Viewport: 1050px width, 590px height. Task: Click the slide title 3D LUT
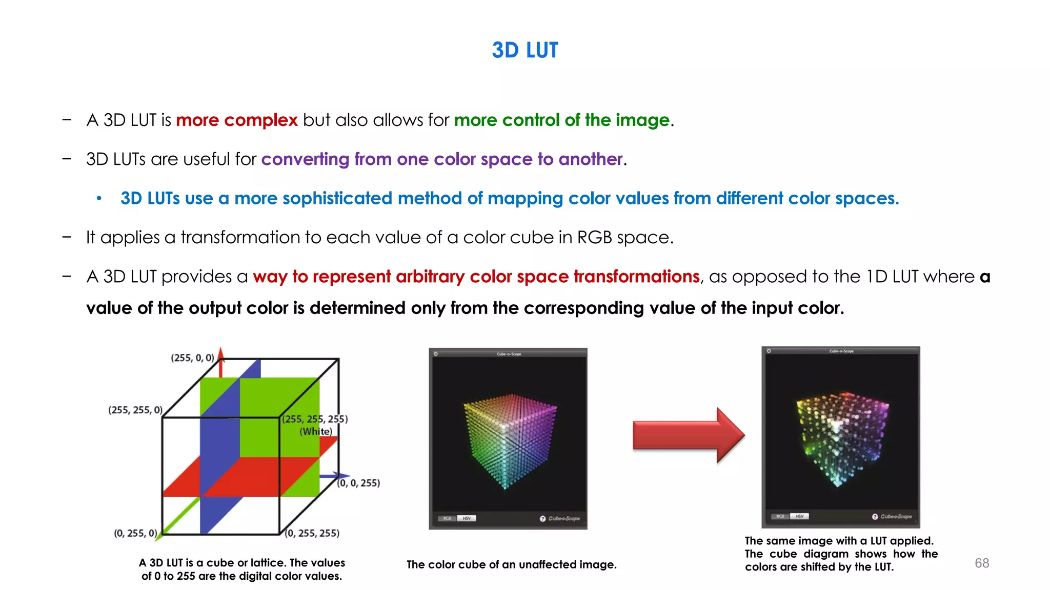point(524,50)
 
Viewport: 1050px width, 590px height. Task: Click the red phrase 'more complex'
point(236,120)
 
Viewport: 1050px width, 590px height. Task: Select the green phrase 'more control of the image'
point(561,120)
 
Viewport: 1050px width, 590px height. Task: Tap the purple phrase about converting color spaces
point(442,159)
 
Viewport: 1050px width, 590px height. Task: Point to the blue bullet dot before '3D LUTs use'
point(99,198)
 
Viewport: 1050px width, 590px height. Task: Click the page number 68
point(982,563)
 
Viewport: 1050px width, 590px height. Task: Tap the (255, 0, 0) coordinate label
point(192,358)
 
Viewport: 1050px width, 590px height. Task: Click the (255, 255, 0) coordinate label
point(135,410)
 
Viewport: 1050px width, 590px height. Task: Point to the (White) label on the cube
point(316,431)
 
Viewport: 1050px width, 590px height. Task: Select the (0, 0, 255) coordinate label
point(358,483)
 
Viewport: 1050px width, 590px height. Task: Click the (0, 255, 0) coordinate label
point(135,533)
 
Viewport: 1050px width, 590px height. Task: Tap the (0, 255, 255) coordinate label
point(312,533)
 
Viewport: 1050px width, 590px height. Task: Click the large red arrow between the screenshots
point(688,435)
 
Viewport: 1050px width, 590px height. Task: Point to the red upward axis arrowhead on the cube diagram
point(221,353)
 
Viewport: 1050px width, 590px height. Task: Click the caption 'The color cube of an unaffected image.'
point(511,564)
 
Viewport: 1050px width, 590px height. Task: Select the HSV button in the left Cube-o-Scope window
point(467,518)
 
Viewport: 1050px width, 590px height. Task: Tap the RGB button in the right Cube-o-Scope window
point(780,516)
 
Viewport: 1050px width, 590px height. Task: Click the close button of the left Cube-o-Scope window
point(436,354)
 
